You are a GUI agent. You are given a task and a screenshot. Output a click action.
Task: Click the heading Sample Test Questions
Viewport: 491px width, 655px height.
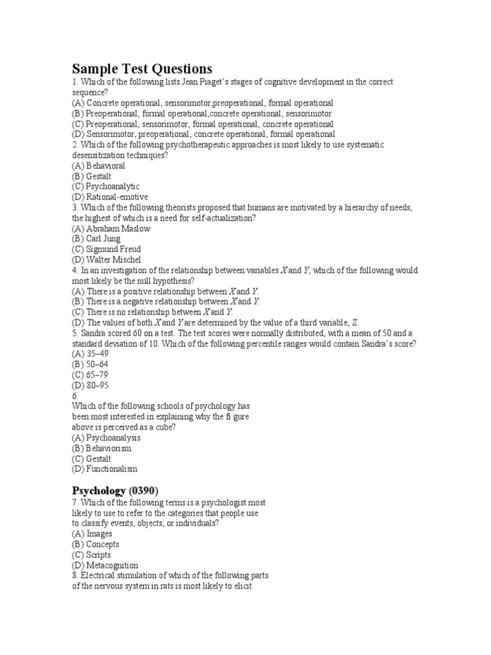141,69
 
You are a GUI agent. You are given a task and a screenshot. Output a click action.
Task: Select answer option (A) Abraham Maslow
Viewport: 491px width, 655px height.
111,228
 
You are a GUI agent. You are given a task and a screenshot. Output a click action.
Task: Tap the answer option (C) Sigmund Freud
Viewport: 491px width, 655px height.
106,249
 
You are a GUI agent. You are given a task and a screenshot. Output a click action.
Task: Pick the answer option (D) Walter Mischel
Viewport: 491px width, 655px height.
106,260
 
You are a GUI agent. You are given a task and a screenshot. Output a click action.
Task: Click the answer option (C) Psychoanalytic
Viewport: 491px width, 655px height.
105,186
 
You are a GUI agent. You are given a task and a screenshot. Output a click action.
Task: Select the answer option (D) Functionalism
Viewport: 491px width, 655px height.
105,469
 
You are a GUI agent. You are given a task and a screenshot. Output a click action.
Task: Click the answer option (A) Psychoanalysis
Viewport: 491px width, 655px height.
106,438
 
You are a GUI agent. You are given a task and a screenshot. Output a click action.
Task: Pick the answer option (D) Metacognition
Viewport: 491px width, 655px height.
105,565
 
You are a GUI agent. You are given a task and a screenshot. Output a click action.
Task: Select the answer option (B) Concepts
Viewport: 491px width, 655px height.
96,544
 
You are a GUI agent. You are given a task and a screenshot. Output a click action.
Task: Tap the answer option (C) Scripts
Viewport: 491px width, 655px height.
91,555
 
